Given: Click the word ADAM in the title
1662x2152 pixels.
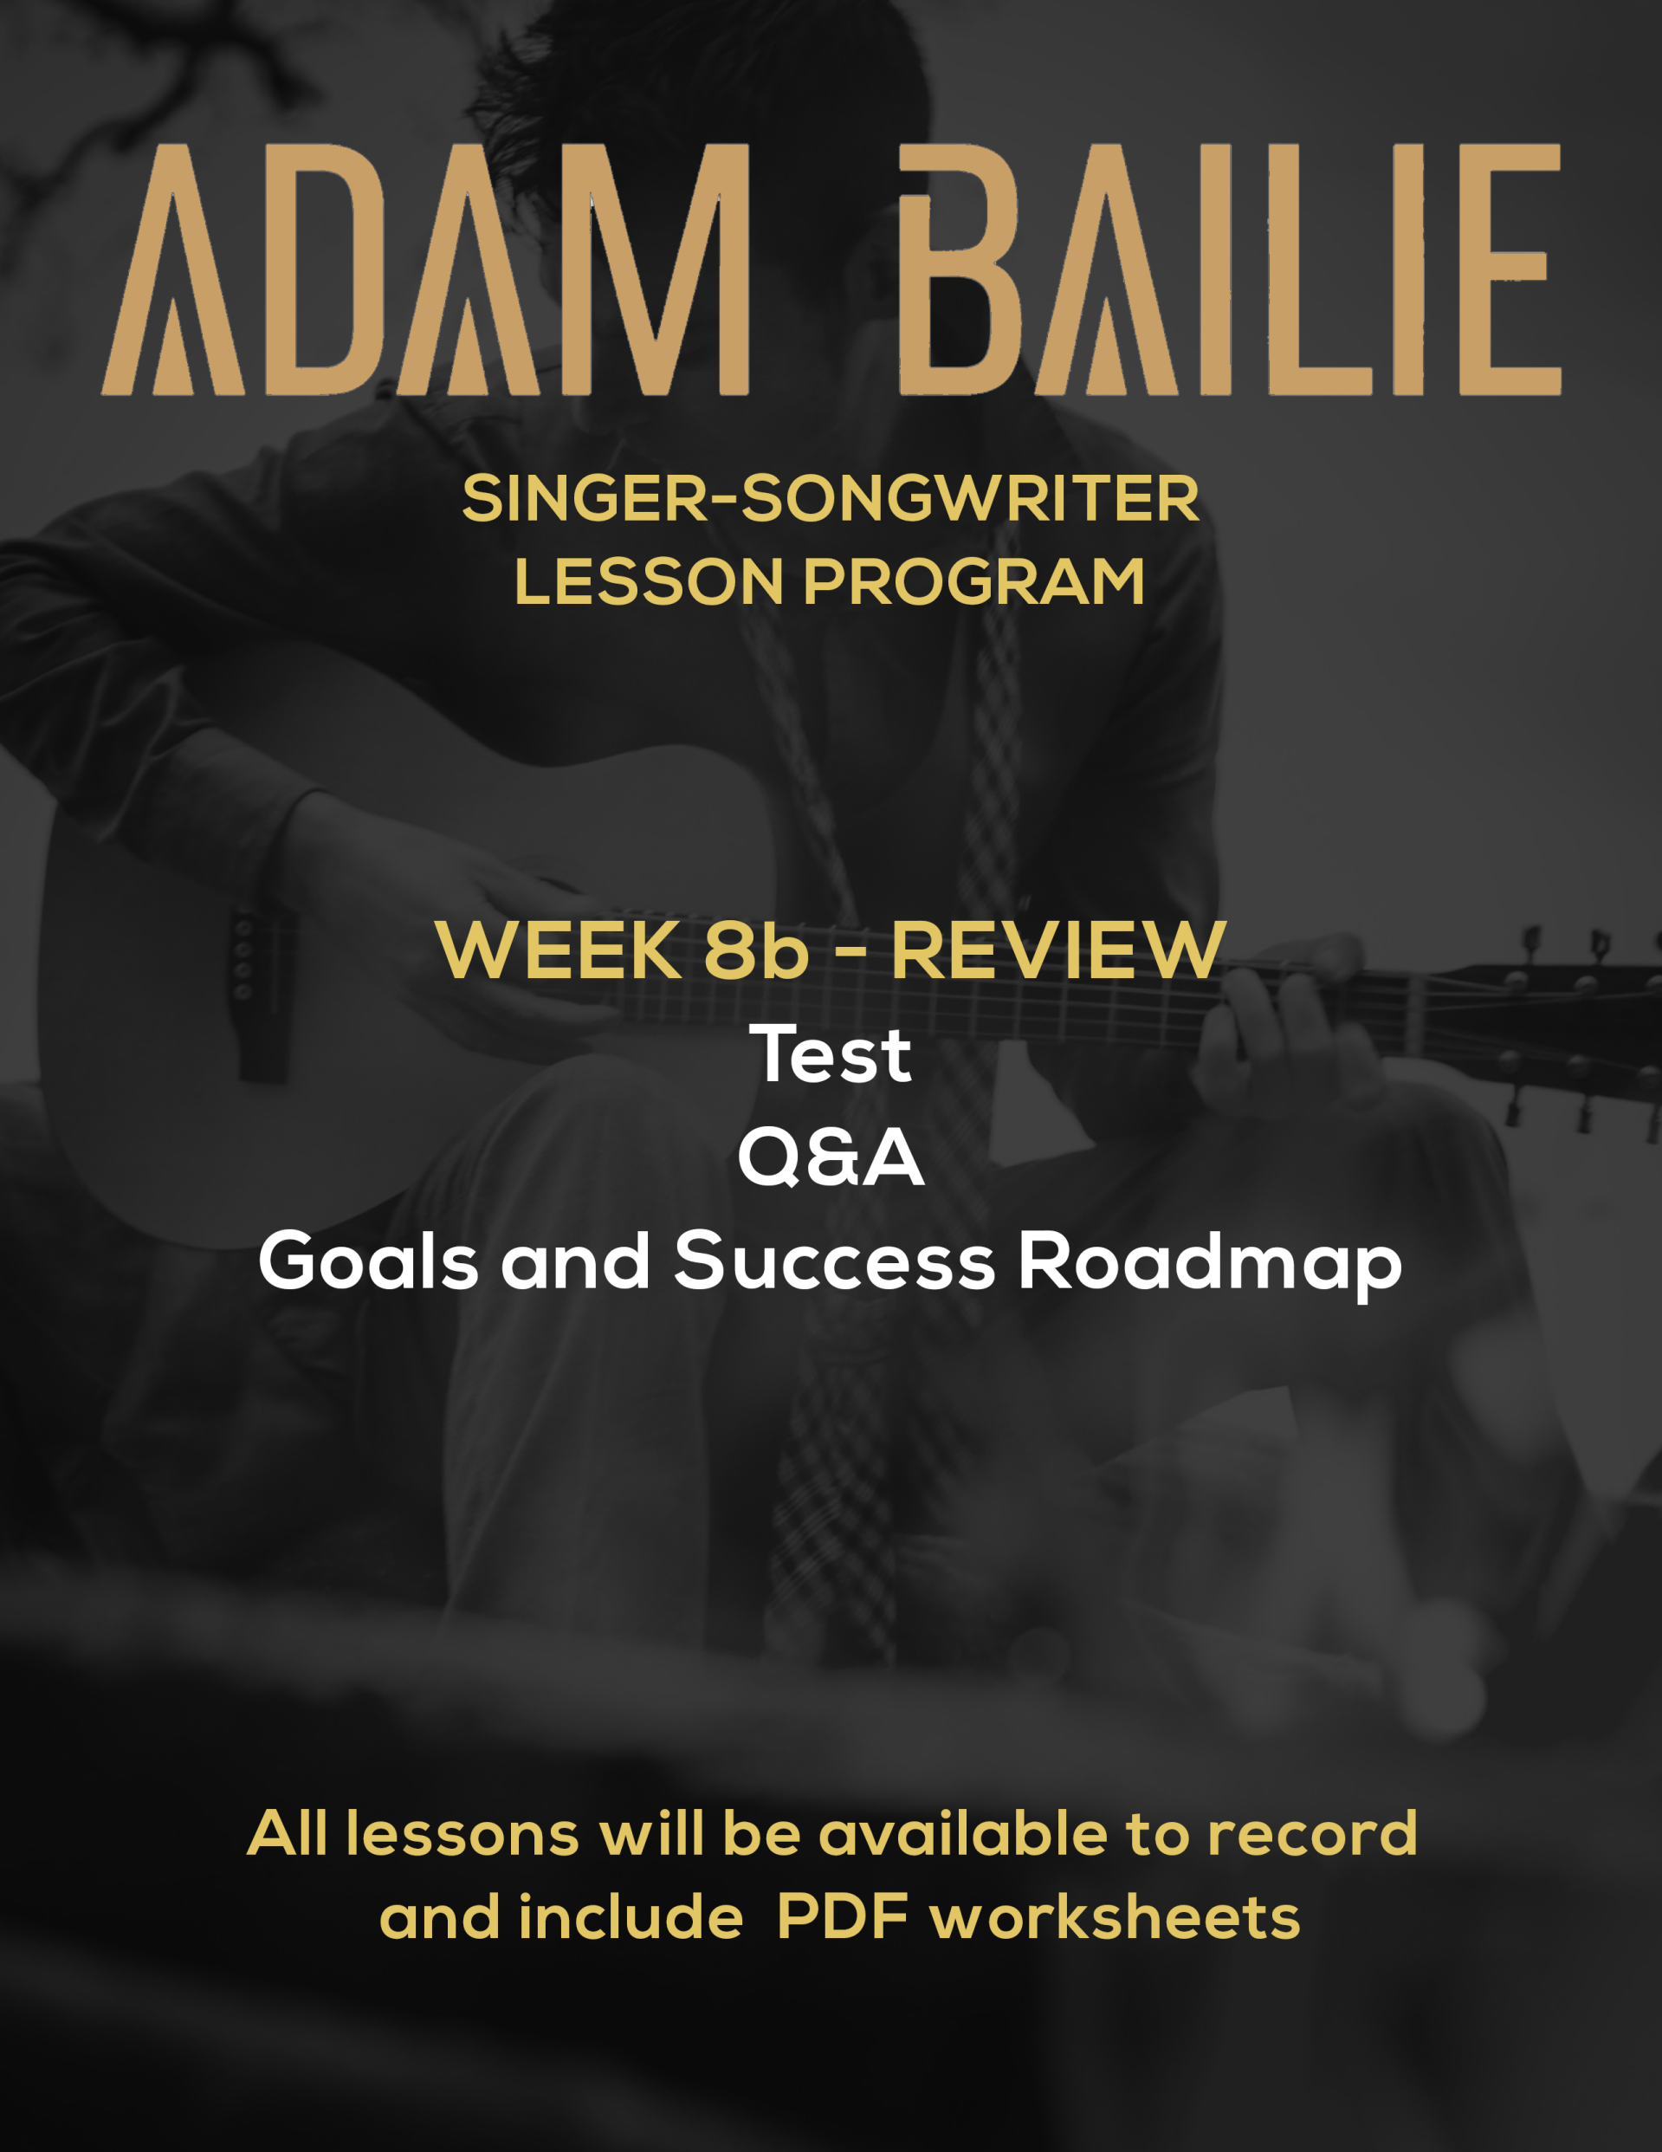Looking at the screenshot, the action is click(425, 270).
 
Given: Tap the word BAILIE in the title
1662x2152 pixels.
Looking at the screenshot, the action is click(1231, 270).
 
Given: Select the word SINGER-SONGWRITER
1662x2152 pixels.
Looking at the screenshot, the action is click(831, 499).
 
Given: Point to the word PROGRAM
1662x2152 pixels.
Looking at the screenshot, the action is click(974, 581).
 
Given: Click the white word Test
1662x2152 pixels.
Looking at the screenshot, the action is click(831, 1054).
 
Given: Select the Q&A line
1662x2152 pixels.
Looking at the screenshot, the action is click(831, 1157).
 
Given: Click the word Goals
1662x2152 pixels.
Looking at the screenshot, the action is click(368, 1261).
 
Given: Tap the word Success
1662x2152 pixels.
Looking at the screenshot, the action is click(834, 1261).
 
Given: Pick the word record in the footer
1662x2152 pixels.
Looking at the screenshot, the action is click(1312, 1834).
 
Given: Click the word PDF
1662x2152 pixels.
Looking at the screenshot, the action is click(843, 1917).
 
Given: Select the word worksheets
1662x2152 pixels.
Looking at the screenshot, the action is click(1116, 1917).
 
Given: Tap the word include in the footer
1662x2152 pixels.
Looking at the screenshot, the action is click(631, 1917).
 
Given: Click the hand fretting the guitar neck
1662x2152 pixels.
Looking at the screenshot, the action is click(1281, 1025).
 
